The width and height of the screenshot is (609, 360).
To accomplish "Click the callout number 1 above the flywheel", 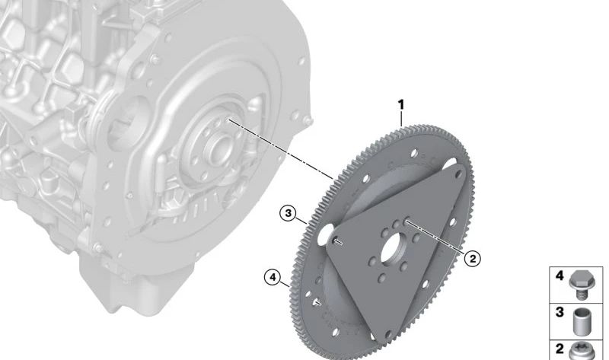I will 401,104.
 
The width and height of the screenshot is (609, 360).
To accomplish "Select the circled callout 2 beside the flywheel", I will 472,259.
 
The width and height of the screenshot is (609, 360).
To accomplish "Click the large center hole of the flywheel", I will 394,249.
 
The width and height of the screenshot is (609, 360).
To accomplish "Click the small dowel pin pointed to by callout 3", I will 338,241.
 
